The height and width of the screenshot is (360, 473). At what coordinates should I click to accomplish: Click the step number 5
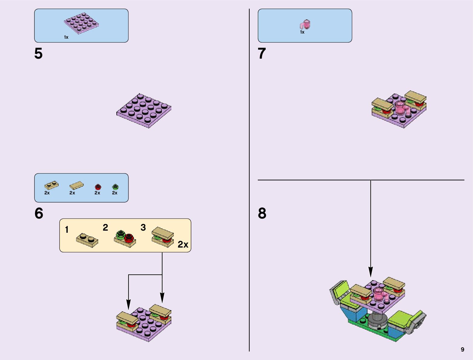click(38, 54)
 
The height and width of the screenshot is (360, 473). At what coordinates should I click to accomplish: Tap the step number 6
click(39, 213)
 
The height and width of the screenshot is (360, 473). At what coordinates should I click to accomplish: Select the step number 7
click(262, 54)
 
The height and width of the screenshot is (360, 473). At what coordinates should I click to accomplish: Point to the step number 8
click(262, 213)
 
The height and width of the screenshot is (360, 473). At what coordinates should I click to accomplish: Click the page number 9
click(462, 349)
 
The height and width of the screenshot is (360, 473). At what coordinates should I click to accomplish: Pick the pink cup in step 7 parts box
click(305, 24)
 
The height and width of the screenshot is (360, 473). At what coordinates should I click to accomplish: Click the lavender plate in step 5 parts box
click(81, 23)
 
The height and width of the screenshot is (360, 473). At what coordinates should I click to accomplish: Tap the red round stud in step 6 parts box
click(98, 187)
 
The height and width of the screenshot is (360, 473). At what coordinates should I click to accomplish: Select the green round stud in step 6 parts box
click(115, 187)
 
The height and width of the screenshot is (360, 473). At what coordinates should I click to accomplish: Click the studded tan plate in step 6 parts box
click(51, 185)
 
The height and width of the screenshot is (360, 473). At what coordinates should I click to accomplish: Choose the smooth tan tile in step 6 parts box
click(76, 185)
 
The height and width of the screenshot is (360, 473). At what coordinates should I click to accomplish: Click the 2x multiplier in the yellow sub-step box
click(183, 244)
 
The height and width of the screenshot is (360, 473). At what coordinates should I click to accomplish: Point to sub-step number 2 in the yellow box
click(105, 227)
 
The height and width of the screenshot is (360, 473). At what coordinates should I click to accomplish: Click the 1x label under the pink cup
click(302, 32)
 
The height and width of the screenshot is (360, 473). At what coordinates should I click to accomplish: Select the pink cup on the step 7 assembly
click(401, 107)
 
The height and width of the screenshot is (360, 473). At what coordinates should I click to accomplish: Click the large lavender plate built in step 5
click(144, 110)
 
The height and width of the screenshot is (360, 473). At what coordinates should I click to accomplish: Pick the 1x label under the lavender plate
click(66, 37)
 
